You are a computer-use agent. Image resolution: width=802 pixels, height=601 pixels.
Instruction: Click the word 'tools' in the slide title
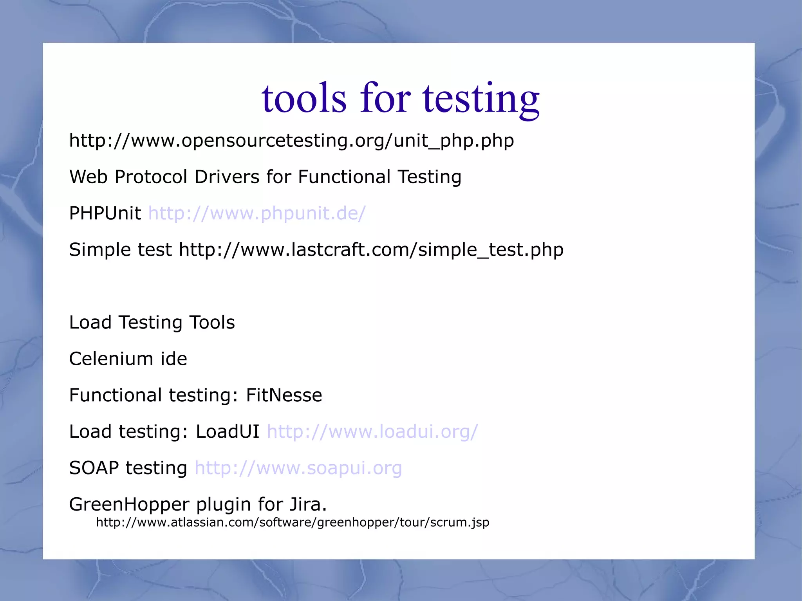(304, 98)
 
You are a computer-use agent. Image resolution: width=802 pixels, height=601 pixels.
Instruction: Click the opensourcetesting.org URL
(291, 141)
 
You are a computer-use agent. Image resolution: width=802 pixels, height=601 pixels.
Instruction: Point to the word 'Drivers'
(227, 177)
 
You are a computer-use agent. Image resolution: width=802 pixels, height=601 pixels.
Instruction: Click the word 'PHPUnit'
(105, 213)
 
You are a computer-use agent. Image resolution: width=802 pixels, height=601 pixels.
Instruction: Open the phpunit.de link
(257, 213)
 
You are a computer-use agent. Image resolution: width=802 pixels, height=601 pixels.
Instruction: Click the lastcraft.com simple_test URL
(371, 250)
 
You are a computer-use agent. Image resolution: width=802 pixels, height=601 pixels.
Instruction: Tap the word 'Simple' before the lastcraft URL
(100, 250)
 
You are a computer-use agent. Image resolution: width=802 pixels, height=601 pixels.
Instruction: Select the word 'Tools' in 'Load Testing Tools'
(212, 323)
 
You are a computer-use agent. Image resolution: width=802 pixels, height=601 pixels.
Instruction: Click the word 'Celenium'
(111, 359)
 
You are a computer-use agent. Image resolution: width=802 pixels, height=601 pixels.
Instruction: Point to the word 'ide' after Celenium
(174, 359)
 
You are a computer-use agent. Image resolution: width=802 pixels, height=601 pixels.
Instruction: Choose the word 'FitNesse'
(284, 395)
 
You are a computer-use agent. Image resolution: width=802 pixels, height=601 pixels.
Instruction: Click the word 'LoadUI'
(228, 432)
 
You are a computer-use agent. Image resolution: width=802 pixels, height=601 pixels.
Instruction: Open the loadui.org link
(372, 432)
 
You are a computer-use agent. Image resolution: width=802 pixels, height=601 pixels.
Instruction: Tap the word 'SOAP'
(94, 468)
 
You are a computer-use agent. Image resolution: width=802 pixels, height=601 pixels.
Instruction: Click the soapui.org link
(298, 468)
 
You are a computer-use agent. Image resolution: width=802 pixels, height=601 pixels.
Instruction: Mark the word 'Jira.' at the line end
(308, 505)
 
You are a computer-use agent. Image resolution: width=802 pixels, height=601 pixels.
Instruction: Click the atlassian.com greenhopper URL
(293, 523)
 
